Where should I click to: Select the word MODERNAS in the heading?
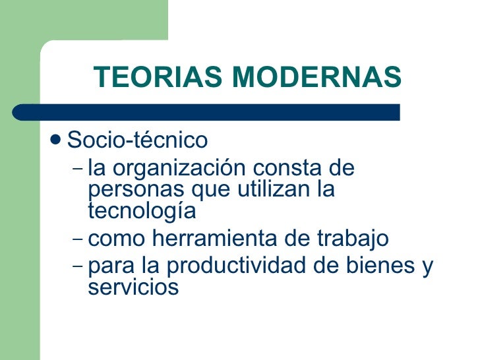[315, 78]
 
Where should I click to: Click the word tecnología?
[142, 212]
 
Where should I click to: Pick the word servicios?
[133, 287]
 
